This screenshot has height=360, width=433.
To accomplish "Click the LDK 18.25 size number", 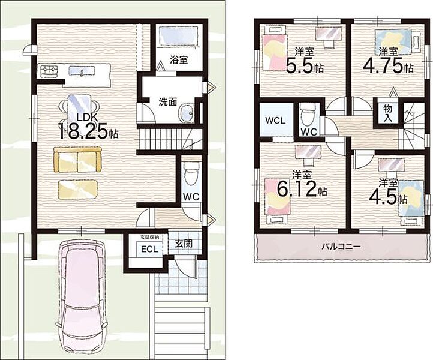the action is [82, 131].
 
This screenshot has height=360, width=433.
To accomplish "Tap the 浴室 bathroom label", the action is [179, 59].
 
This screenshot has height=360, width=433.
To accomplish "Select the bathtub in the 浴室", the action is [179, 35].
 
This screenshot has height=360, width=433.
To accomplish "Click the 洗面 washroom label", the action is [167, 101].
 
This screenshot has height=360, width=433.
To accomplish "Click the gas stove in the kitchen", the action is [49, 70].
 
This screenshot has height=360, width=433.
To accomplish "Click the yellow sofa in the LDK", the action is [77, 160].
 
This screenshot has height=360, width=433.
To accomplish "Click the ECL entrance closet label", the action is [149, 249].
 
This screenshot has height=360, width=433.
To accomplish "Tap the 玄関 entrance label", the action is [184, 244].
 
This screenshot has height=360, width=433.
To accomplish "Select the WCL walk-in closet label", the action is [275, 121].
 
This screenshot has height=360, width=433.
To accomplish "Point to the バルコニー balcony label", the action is [341, 247].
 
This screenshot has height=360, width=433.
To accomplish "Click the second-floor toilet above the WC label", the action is [309, 115].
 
